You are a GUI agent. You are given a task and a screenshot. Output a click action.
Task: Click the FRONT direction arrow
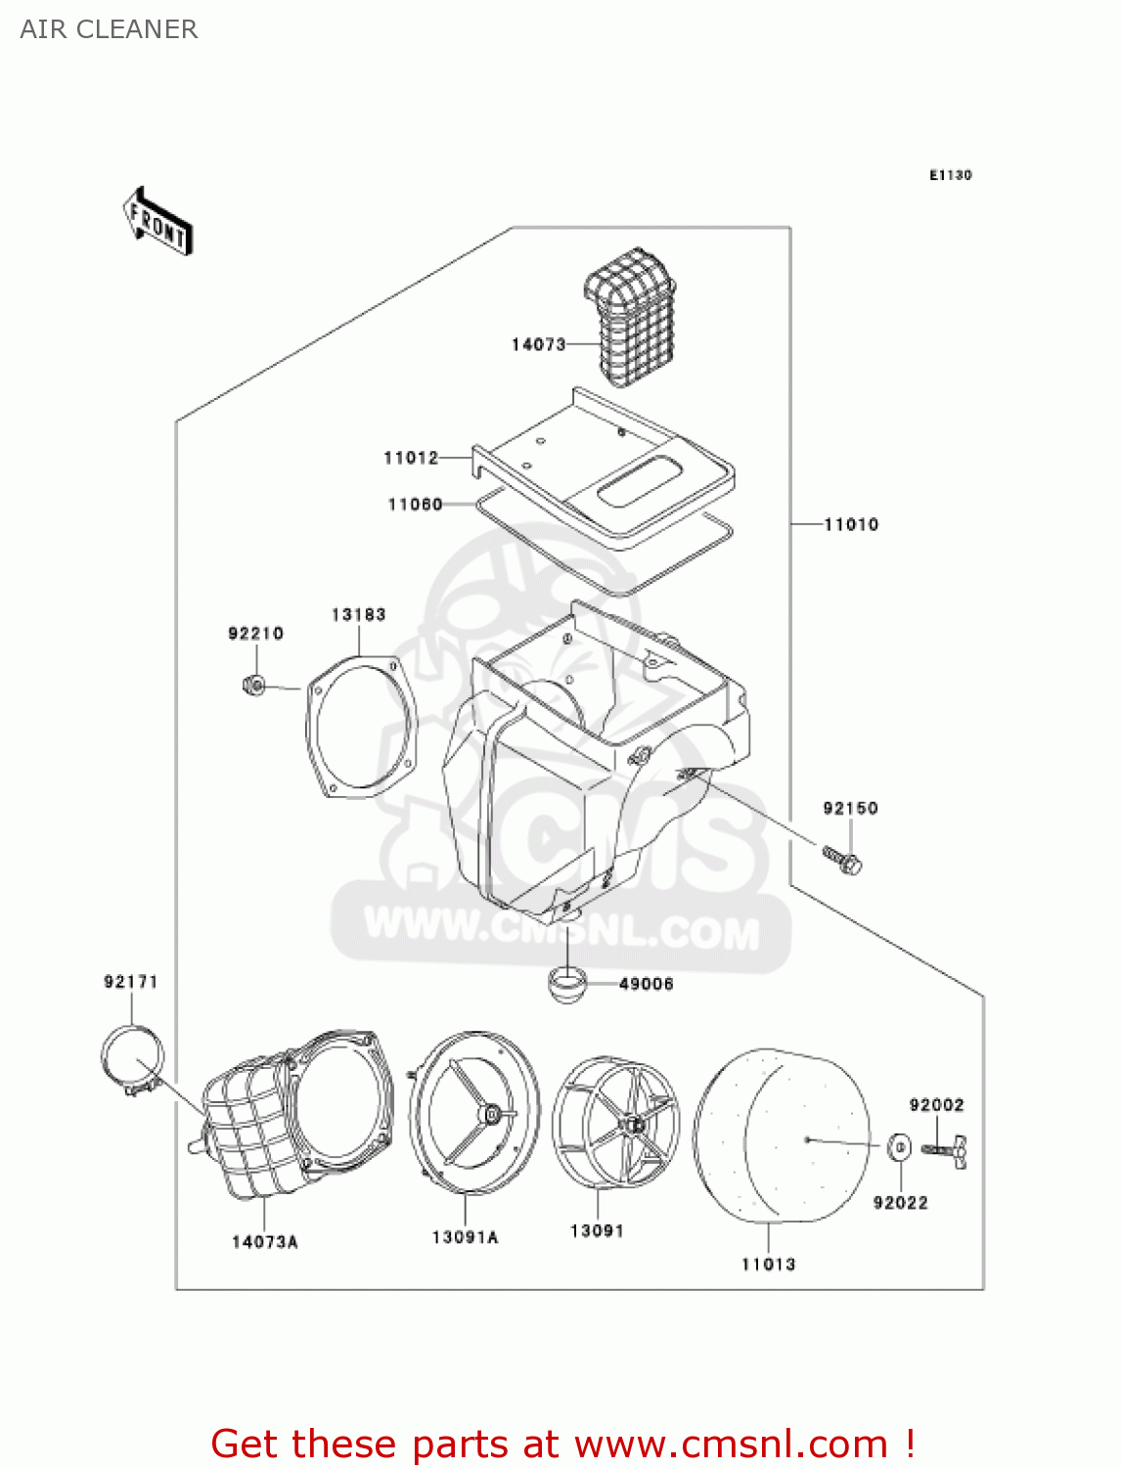pos(157,222)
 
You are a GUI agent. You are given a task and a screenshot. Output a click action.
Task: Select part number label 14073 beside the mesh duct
pos(538,344)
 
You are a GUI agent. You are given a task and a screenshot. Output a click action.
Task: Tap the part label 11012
pos(411,458)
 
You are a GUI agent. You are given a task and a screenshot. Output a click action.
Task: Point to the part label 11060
pos(415,505)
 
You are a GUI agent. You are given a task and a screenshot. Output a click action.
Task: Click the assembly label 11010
pos(851,525)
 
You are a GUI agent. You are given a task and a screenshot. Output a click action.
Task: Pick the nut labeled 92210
pos(252,685)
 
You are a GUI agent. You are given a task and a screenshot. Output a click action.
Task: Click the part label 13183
pos(358,615)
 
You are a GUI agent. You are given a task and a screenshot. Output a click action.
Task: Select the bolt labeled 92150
pos(843,860)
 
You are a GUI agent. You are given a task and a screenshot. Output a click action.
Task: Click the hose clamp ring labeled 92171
pos(132,1058)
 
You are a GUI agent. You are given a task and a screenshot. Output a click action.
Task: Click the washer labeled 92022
pos(899,1146)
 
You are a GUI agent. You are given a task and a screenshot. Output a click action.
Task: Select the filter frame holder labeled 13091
pos(615,1125)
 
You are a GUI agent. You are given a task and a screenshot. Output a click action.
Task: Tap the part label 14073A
pos(264,1242)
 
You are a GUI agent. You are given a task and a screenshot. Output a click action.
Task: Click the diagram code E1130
pos(950,175)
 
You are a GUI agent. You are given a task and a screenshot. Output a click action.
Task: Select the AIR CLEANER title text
pos(109,29)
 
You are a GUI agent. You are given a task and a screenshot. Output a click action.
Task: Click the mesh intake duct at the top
pos(631,313)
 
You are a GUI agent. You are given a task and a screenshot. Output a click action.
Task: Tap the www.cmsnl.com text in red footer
pos(730,1444)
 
